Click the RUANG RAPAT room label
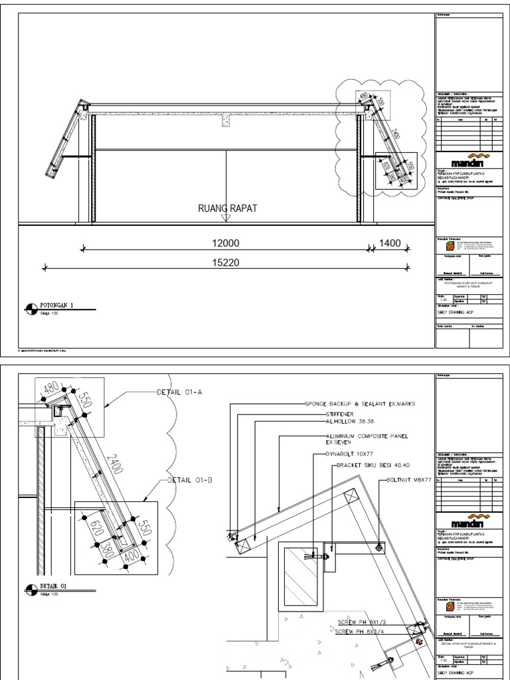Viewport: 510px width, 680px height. click(227, 209)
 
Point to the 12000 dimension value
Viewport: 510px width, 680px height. click(225, 244)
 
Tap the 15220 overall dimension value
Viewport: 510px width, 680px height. click(225, 263)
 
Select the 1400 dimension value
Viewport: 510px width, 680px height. click(390, 244)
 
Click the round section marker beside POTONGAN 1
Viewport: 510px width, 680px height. click(31, 307)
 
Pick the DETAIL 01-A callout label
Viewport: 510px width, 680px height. click(179, 392)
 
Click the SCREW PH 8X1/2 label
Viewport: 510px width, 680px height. click(362, 622)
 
